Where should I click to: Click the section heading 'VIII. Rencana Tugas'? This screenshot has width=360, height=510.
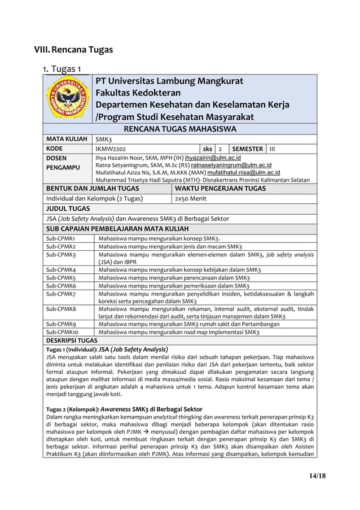point(73,50)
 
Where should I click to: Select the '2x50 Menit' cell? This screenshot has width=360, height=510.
point(190,198)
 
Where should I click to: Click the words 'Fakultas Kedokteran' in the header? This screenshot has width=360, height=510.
point(138,93)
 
